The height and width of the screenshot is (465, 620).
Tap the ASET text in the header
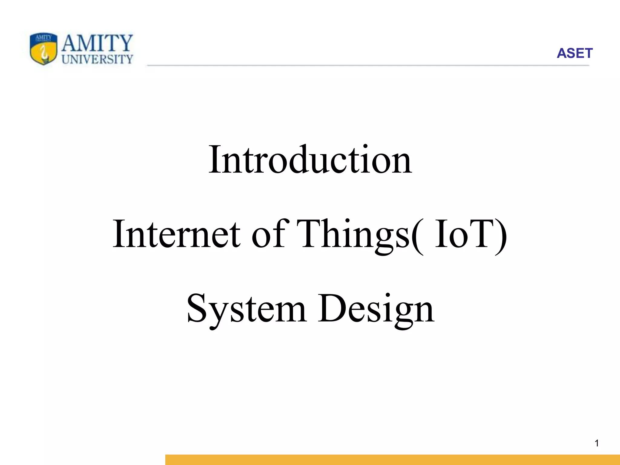click(x=574, y=53)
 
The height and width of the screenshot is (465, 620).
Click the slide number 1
click(x=597, y=443)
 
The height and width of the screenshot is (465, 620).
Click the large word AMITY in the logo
click(x=97, y=43)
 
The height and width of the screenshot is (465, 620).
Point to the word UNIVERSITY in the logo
click(x=97, y=59)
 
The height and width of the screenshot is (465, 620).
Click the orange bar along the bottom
click(x=392, y=460)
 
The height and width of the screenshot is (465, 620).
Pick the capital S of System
click(x=198, y=308)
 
